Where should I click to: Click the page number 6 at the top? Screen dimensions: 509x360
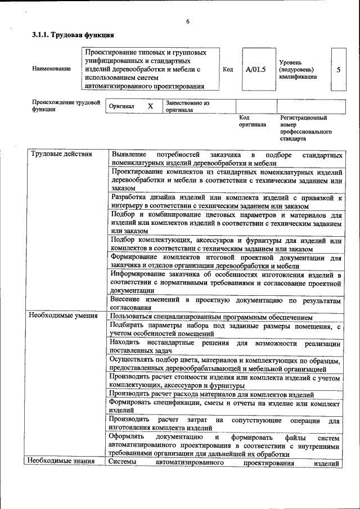(188, 21)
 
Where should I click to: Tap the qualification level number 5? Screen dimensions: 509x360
(338, 70)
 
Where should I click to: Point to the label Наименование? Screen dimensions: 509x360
(52, 69)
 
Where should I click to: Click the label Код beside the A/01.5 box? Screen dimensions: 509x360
(228, 70)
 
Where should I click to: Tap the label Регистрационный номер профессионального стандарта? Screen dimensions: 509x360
(305, 128)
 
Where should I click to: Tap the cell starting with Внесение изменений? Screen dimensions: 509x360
(225, 304)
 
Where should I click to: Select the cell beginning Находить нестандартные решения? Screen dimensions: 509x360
(225, 346)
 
